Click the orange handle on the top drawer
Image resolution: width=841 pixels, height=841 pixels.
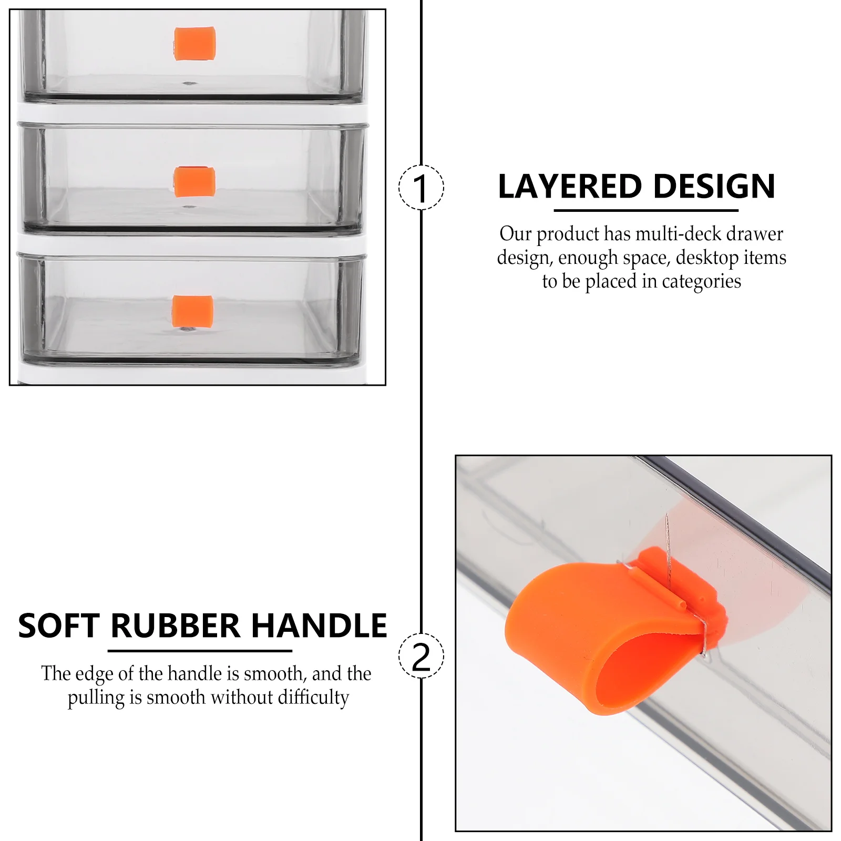click(194, 44)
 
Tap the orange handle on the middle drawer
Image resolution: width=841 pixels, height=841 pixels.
click(194, 181)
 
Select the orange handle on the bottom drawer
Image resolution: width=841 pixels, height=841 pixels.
click(193, 311)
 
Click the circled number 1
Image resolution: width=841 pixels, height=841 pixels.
click(421, 188)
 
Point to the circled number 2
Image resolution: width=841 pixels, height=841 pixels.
click(421, 656)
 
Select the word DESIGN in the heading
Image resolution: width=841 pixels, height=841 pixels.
click(714, 187)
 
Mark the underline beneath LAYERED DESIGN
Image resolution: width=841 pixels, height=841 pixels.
click(646, 211)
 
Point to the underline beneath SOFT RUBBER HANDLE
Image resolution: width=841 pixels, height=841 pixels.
click(200, 651)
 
